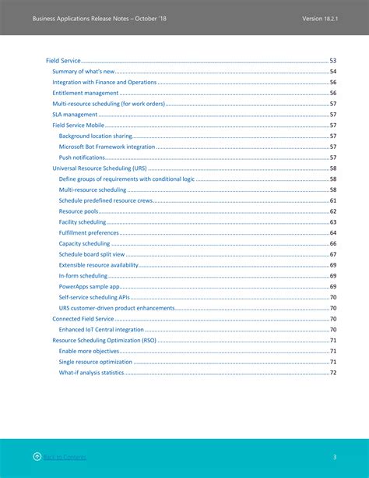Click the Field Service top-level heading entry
coord(63,61)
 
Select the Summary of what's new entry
coord(83,72)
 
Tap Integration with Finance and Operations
coord(104,82)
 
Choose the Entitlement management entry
coord(85,93)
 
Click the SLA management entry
coord(75,115)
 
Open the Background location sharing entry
coord(95,136)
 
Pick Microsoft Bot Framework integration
coord(107,147)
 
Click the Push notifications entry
coord(83,158)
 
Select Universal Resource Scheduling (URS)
coord(100,168)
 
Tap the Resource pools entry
coord(79,211)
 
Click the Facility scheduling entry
coord(83,222)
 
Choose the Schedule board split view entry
coord(91,254)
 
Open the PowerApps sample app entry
coord(89,286)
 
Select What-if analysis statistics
coord(91,373)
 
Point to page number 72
coord(332,373)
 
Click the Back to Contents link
coord(65,457)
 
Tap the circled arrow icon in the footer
coord(37,456)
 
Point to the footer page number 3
coord(334,457)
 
